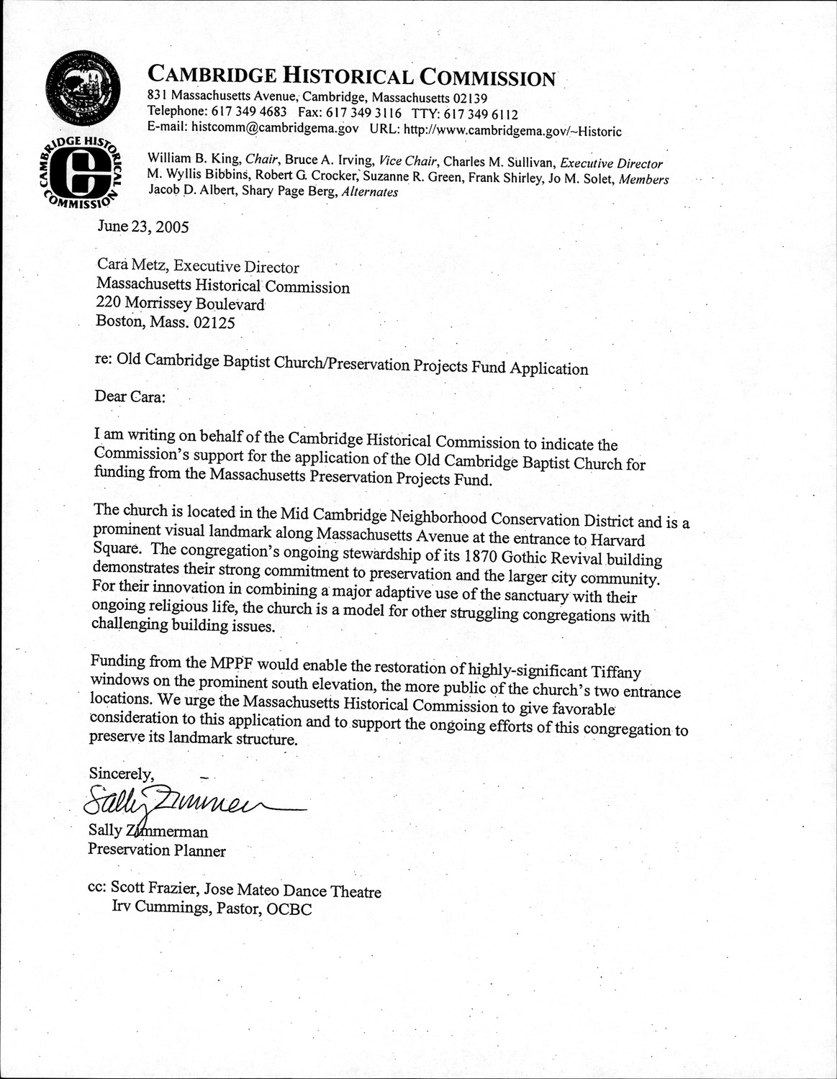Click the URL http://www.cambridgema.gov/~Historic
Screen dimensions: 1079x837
512,131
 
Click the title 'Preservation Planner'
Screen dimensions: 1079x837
157,851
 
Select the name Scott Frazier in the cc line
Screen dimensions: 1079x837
154,891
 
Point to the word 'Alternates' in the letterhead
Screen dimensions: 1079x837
369,192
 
